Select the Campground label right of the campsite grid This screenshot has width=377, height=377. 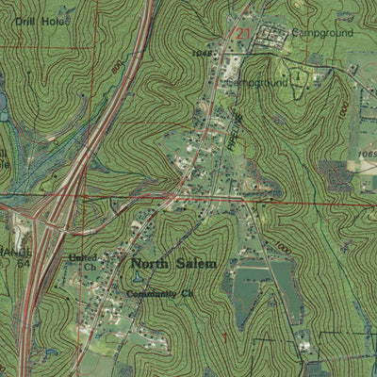click(x=321, y=32)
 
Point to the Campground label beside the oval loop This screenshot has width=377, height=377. click(x=257, y=83)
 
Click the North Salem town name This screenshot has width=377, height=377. click(x=173, y=264)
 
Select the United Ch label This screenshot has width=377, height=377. click(x=82, y=261)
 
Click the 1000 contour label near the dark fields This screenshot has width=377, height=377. click(x=283, y=247)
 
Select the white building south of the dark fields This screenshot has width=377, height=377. click(x=303, y=346)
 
